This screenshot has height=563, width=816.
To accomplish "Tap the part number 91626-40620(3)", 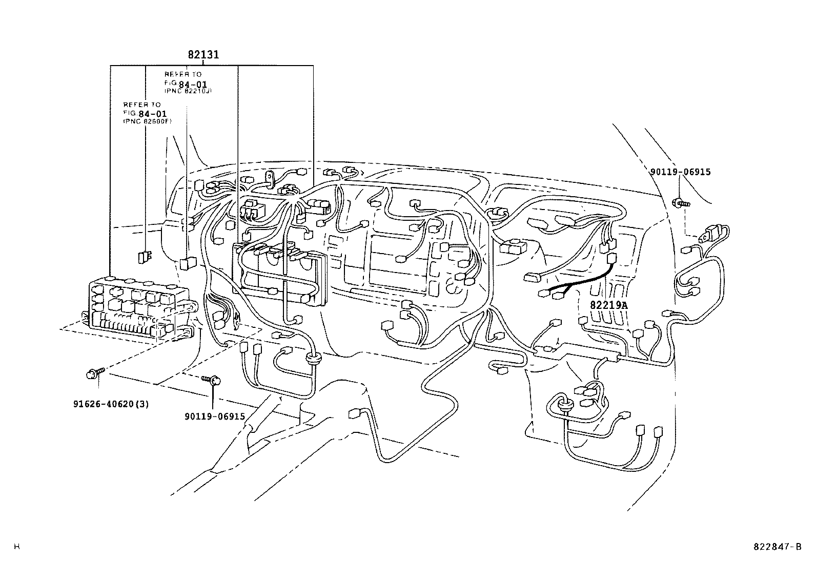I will coord(111,404).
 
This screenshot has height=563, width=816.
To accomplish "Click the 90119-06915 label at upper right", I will coord(680,172).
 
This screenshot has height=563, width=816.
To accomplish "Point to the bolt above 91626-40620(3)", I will coord(94,373).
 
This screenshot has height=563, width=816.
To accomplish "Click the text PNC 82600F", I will coord(148,121).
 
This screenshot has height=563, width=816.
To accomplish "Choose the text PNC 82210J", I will coord(188,91).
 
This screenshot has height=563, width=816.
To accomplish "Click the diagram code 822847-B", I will coord(777,547).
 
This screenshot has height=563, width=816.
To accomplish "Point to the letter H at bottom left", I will coord(16,547).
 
